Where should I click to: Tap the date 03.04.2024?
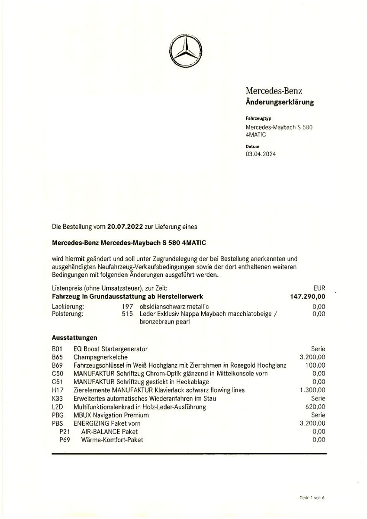[x=261, y=154]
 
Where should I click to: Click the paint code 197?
[x=128, y=306]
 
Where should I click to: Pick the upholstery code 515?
[x=128, y=314]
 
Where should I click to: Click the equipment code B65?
[x=57, y=357]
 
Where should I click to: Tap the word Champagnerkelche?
[x=100, y=357]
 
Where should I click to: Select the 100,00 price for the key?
[x=316, y=365]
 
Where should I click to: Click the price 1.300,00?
[x=312, y=390]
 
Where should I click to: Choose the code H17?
[x=57, y=390]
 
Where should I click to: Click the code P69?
[x=65, y=440]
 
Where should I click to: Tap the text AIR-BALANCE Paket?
[x=109, y=432]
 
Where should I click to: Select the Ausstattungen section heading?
[x=74, y=338]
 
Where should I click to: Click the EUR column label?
[x=319, y=287]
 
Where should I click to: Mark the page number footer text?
[x=312, y=497]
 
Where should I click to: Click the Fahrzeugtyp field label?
[x=258, y=118]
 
